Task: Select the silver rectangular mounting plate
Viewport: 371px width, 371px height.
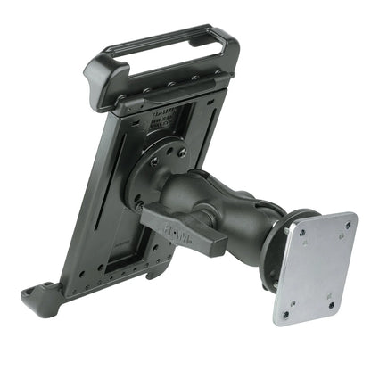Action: [317, 267]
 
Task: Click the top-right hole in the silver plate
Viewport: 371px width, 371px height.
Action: [347, 225]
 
